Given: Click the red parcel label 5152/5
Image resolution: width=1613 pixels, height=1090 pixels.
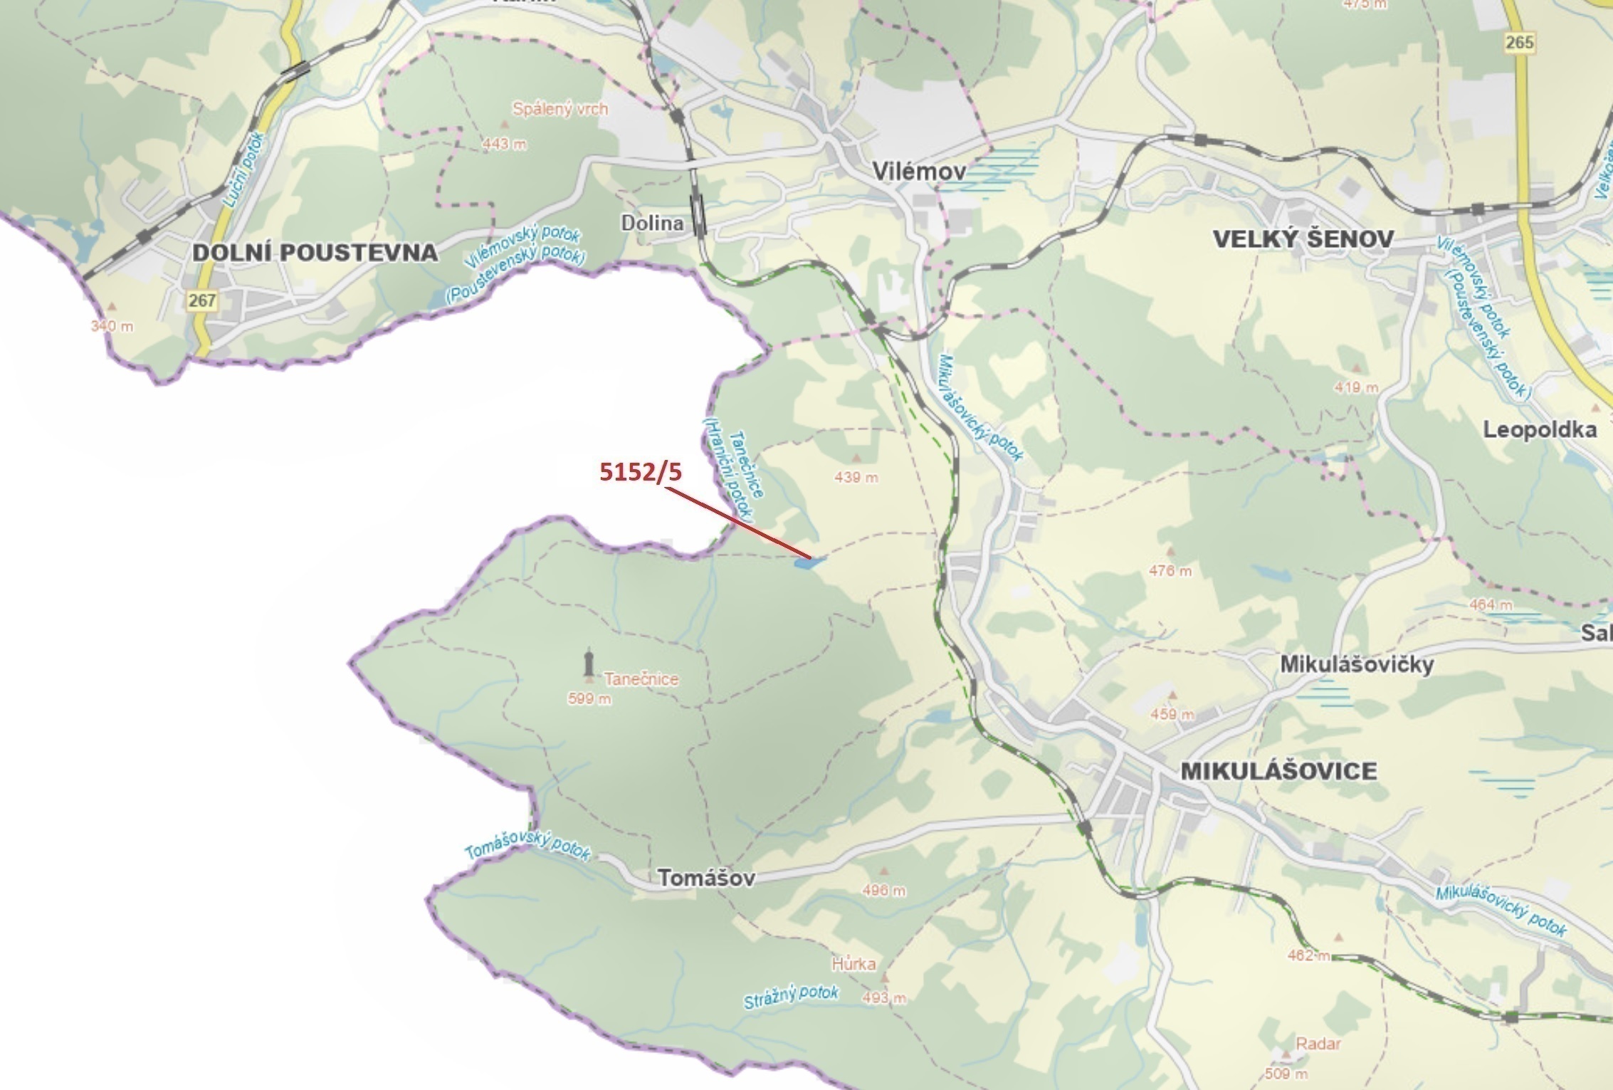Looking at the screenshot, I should (x=640, y=471).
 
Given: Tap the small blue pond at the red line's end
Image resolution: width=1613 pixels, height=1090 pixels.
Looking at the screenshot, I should (x=809, y=562).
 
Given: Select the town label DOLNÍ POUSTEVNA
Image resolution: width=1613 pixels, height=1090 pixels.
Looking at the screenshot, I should (x=315, y=252).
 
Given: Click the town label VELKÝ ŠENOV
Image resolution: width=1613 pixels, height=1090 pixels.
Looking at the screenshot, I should (x=1303, y=239).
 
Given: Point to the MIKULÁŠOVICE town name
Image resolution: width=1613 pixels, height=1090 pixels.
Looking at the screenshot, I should (x=1278, y=771).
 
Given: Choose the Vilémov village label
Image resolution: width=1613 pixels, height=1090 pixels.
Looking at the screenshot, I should (x=919, y=172).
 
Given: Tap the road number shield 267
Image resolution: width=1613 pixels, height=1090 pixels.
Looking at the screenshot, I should (x=201, y=300).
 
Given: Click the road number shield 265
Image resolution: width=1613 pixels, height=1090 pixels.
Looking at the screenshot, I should (x=1519, y=42).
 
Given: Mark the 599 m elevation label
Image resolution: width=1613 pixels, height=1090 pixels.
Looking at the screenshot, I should (x=589, y=699).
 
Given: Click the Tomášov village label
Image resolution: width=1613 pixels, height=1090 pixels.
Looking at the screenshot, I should (x=705, y=878).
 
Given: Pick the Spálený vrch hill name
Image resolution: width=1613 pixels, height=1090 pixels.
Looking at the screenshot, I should (x=560, y=110).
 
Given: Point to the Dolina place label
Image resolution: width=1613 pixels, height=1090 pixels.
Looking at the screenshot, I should (x=652, y=223).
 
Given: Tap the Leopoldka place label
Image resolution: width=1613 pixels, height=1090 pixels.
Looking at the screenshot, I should (x=1539, y=429).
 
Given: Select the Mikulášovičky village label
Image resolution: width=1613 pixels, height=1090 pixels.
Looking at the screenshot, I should (x=1357, y=664).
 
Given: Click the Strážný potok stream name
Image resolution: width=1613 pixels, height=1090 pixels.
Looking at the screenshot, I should (x=791, y=997).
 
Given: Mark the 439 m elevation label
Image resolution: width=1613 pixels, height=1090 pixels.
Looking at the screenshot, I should (x=856, y=477).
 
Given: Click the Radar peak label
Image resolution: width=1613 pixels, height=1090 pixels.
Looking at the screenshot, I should (x=1318, y=1044).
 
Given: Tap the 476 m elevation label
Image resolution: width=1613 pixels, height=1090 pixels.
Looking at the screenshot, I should (x=1170, y=571).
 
